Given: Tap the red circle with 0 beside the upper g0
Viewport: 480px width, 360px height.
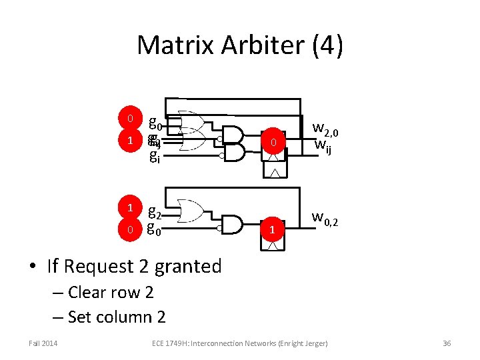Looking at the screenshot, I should (130, 119).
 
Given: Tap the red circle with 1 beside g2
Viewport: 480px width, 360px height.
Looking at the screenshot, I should (130, 207).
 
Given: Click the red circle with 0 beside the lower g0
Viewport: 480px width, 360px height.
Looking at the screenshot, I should (130, 230).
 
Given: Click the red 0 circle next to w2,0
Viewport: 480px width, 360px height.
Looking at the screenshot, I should (272, 143).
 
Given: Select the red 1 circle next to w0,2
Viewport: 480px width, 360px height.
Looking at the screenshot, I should (272, 229).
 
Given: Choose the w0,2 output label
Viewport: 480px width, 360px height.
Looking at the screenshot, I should (327, 217).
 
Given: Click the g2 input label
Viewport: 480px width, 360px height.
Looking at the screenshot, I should (154, 211).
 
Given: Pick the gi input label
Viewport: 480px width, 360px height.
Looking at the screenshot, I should (154, 157).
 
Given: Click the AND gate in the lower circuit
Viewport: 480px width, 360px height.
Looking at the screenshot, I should (231, 224).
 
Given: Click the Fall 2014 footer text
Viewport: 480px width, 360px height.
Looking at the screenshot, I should (43, 343).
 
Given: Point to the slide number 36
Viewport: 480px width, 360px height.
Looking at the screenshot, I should (447, 343).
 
